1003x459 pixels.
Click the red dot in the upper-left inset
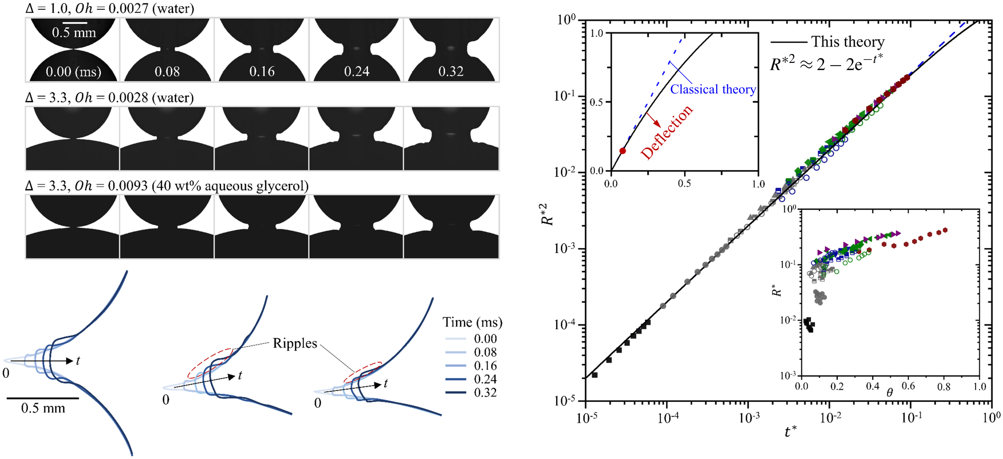[x=622, y=151]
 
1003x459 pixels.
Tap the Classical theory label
[x=713, y=90]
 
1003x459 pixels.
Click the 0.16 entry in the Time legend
[x=485, y=366]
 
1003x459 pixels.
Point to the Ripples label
[x=295, y=343]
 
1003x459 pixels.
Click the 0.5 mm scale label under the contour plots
[x=43, y=408]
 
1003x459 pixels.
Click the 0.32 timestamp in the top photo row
[x=451, y=71]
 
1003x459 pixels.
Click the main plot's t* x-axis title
[x=790, y=432]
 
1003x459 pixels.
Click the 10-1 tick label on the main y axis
[x=564, y=96]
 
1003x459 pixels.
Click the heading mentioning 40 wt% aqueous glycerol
[x=167, y=186]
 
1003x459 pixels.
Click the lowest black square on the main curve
[x=594, y=375]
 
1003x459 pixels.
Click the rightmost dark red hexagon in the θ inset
[x=944, y=230]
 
